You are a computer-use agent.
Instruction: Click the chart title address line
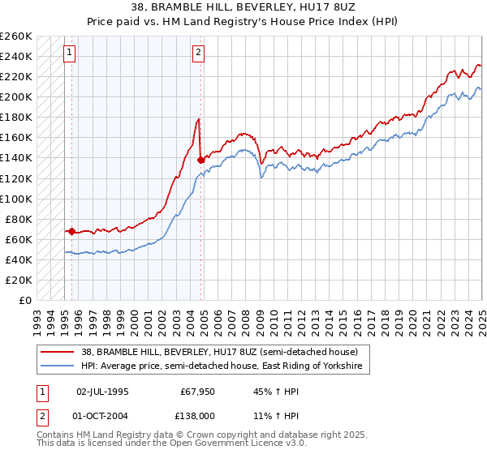pyautogui.click(x=243, y=6)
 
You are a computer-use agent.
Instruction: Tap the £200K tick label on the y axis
pyautogui.click(x=16, y=96)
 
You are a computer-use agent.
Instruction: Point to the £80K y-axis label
pyautogui.click(x=19, y=219)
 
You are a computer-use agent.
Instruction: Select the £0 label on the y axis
pyautogui.click(x=26, y=300)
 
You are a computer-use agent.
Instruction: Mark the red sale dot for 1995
pyautogui.click(x=71, y=231)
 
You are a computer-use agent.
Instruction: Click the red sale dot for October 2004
pyautogui.click(x=200, y=160)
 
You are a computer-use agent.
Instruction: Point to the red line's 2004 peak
pyautogui.click(x=198, y=120)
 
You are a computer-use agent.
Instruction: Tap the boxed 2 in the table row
pyautogui.click(x=41, y=415)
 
